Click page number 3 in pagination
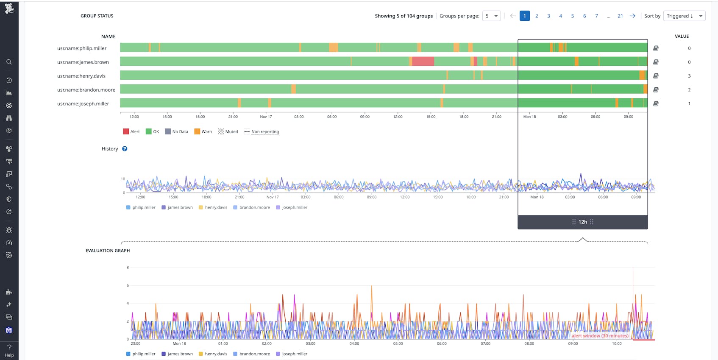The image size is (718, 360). [548, 16]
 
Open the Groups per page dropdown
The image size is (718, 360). [491, 16]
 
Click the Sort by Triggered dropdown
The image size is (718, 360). [684, 16]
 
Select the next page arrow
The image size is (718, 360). [632, 16]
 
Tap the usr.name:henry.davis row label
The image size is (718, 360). [81, 76]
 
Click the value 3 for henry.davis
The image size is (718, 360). [689, 76]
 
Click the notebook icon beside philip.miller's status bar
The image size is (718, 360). [656, 48]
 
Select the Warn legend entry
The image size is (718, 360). [203, 132]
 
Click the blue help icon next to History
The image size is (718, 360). [125, 149]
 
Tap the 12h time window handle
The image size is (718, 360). [583, 222]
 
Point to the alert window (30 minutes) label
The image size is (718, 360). [600, 336]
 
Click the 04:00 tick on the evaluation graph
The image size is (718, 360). [354, 343]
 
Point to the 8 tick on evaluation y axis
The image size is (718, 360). [128, 268]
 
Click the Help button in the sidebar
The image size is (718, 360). [9, 350]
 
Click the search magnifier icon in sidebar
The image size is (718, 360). [9, 62]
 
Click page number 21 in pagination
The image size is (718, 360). [620, 16]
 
